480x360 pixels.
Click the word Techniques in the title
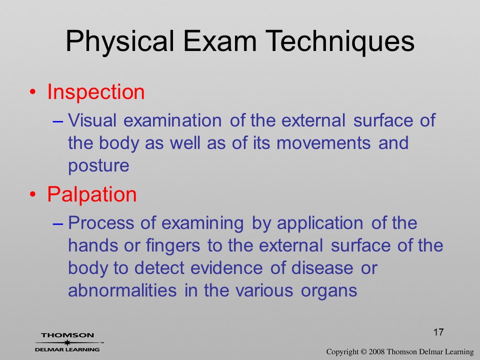[x=340, y=41]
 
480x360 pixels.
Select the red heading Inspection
[x=96, y=92]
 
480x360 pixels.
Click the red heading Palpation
[x=92, y=194]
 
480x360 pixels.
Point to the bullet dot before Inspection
[x=33, y=92]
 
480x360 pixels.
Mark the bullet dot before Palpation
[x=33, y=194]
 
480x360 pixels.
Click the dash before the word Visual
[x=58, y=121]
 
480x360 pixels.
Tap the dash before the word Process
[x=58, y=224]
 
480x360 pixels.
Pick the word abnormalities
[x=122, y=290]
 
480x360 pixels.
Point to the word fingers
[x=173, y=246]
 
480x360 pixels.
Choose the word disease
[x=322, y=267]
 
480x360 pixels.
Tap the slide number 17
[x=438, y=332]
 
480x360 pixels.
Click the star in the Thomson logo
[x=67, y=342]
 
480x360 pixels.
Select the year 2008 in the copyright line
[x=376, y=351]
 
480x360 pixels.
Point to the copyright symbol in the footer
[x=363, y=351]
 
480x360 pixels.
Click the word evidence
[x=226, y=267]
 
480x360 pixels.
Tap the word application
[x=320, y=224]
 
